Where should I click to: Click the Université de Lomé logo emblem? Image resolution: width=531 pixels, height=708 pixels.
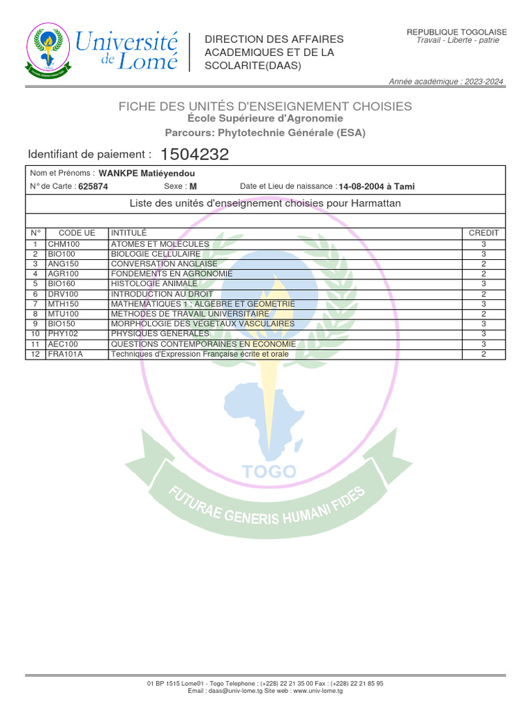pos(48,51)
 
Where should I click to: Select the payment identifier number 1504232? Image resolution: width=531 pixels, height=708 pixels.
pos(194,155)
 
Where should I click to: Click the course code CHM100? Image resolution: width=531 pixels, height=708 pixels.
pos(64,244)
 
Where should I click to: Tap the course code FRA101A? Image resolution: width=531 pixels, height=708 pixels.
pos(65,354)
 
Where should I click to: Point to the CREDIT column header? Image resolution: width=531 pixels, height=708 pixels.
pos(483,233)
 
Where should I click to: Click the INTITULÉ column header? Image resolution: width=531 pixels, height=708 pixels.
pos(129,233)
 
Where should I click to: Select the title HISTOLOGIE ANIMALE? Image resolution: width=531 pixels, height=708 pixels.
pos(154,284)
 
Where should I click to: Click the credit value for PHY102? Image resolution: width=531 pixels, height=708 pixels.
pos(483,334)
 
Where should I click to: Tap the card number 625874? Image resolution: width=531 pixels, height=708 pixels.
pos(93,187)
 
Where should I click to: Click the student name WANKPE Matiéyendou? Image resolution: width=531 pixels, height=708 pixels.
pos(147,174)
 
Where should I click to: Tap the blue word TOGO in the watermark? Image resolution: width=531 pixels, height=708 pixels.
pos(269,472)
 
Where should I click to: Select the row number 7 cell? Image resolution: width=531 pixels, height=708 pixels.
pos(35,304)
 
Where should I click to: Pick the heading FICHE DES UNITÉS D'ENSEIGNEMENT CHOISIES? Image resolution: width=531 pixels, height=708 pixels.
pos(265,106)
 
